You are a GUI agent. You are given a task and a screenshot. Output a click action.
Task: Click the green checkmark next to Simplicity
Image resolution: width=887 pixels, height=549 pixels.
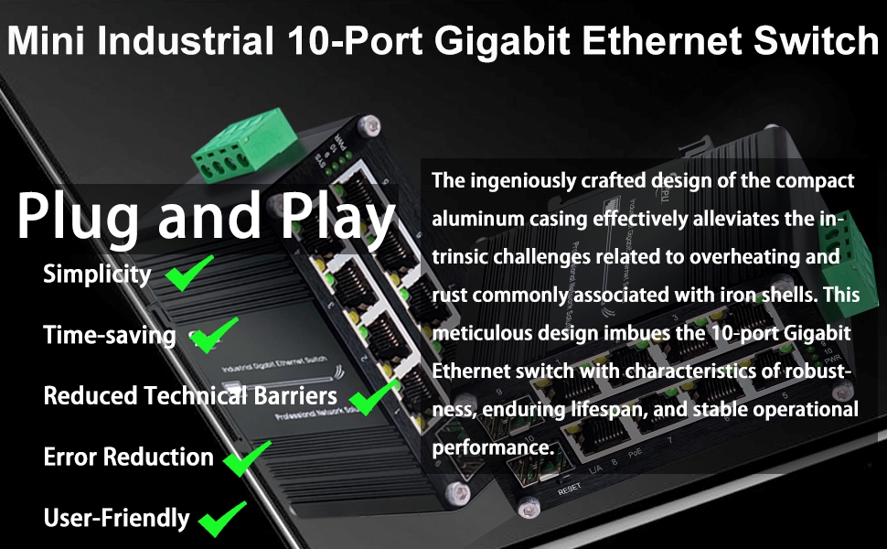click(189, 274)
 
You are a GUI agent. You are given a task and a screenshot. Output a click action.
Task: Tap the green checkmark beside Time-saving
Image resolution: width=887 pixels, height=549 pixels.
click(214, 335)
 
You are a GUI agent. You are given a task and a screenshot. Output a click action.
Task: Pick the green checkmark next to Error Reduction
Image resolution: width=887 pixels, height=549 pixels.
click(246, 457)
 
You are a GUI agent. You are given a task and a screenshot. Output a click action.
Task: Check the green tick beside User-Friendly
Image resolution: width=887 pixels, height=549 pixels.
click(223, 518)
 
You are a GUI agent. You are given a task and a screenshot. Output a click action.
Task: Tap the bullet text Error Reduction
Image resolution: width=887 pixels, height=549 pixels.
click(128, 457)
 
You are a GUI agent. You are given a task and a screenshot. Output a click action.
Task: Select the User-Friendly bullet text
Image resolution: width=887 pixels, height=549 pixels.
click(116, 518)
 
